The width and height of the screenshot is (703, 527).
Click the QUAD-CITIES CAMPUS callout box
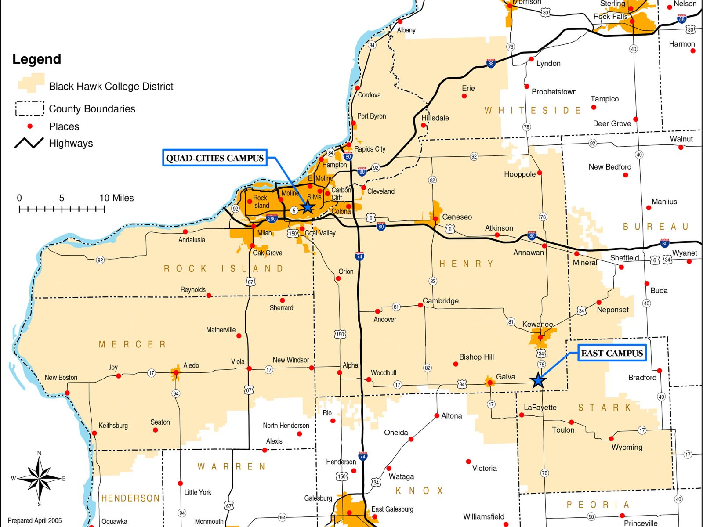click(x=215, y=158)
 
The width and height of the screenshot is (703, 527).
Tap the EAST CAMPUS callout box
click(x=612, y=354)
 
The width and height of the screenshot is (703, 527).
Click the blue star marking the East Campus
click(x=538, y=381)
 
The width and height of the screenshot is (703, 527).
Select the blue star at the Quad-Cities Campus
click(x=308, y=206)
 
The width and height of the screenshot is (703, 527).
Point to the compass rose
click(x=39, y=478)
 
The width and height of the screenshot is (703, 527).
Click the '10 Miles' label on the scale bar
click(x=116, y=198)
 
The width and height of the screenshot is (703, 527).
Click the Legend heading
click(x=36, y=59)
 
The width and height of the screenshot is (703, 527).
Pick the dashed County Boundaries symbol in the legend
click(x=30, y=108)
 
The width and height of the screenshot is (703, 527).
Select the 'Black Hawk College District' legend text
click(x=111, y=87)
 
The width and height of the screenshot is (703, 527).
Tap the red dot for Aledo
click(x=176, y=373)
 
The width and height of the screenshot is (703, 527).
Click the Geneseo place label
click(x=457, y=217)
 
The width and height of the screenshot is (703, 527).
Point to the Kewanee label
click(x=537, y=325)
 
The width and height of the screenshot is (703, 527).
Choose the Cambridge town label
click(x=440, y=301)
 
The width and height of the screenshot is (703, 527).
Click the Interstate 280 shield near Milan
click(x=272, y=218)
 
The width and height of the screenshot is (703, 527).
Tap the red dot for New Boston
click(x=67, y=393)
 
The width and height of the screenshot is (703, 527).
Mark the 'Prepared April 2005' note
click(x=35, y=521)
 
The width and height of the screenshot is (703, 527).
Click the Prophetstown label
click(x=554, y=92)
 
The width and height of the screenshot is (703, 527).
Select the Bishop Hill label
click(x=476, y=357)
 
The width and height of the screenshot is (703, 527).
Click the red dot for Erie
click(x=464, y=96)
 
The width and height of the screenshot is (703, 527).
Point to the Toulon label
click(x=563, y=430)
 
